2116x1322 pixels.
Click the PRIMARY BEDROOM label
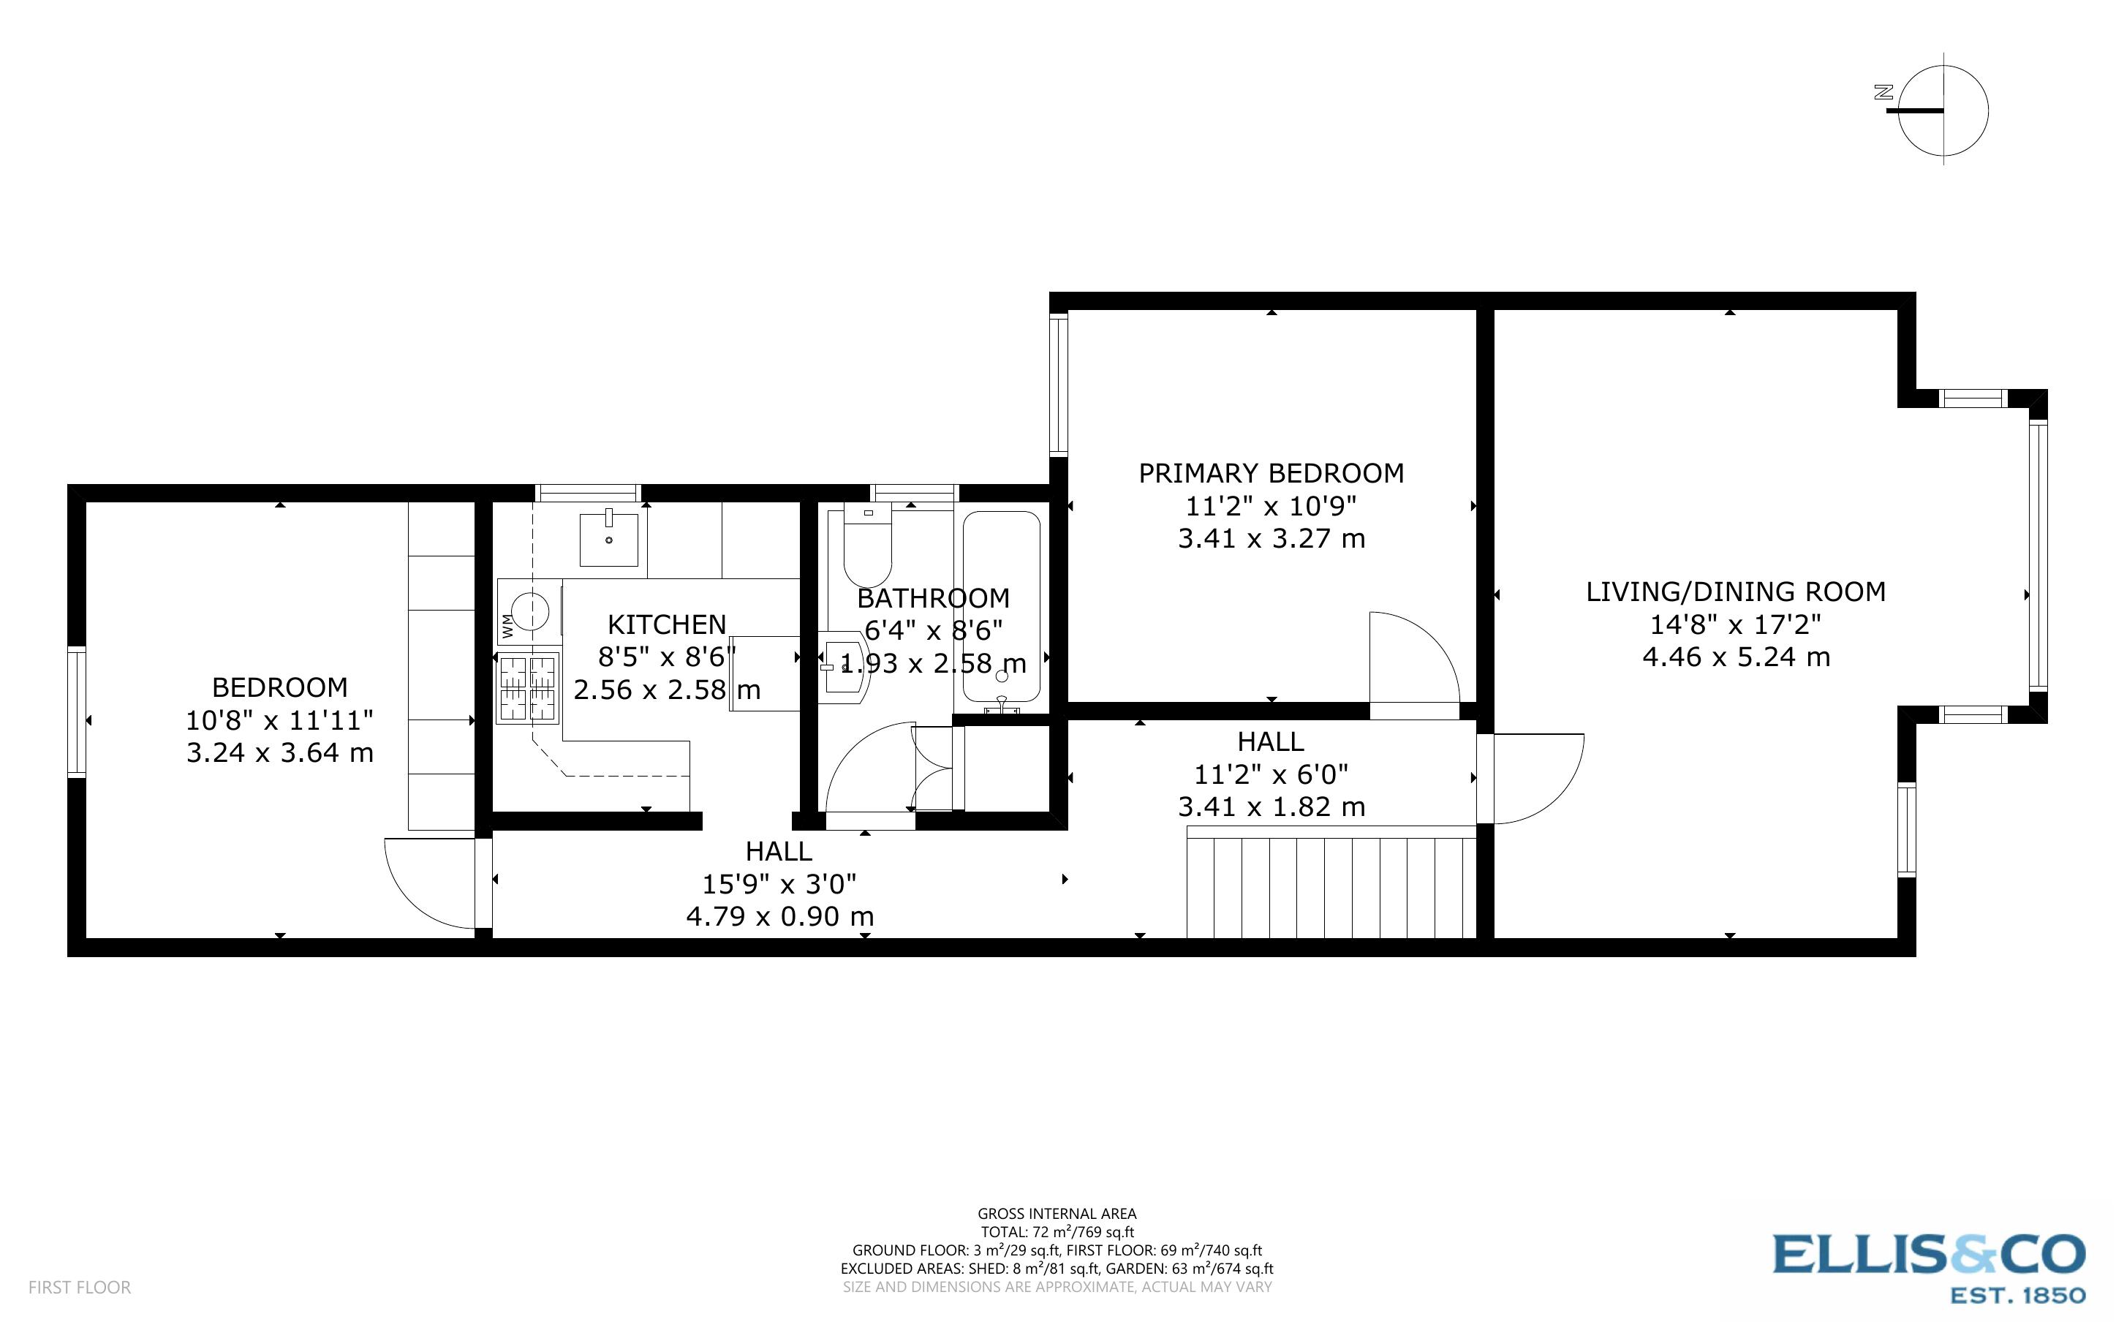[x=1271, y=474]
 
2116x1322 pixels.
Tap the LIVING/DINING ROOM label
[x=1735, y=592]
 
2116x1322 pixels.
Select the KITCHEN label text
[x=667, y=624]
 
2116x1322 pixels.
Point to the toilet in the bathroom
[x=866, y=548]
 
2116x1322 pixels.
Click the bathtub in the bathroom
[x=1002, y=607]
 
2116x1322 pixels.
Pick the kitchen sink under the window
[x=608, y=540]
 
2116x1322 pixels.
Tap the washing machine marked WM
[x=529, y=611]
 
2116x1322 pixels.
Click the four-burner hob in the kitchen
[x=528, y=688]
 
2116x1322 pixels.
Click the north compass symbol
[x=1942, y=111]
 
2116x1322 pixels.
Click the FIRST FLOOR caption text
[x=80, y=1287]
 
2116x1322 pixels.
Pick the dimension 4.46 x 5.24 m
[x=1736, y=657]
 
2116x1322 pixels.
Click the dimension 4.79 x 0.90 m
[x=779, y=916]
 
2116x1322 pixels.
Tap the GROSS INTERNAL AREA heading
[x=1057, y=1214]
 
